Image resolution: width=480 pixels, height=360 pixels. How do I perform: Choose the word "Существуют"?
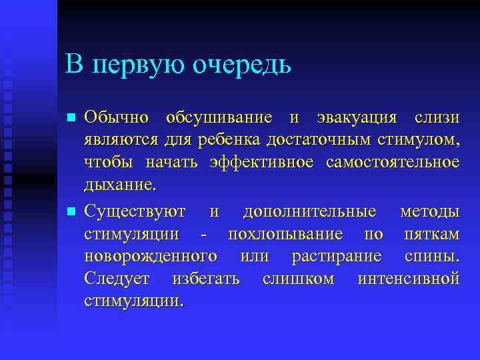pyautogui.click(x=135, y=212)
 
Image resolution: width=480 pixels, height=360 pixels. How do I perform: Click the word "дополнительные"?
pyautogui.click(x=309, y=212)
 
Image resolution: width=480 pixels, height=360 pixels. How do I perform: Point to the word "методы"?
pyautogui.click(x=429, y=212)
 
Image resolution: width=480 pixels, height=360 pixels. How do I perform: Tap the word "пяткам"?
pyautogui.click(x=431, y=235)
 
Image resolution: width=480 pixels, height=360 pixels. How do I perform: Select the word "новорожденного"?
pyautogui.click(x=151, y=257)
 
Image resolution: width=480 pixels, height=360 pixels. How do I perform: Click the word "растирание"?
pyautogui.click(x=337, y=257)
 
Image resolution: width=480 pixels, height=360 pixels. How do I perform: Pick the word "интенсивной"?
pyautogui.click(x=408, y=279)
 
